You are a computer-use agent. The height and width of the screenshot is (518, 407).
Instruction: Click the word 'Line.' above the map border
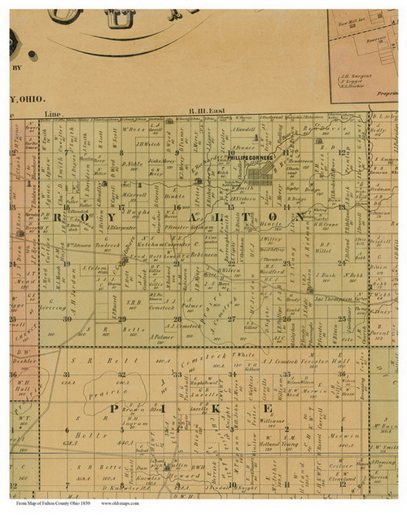[x=55, y=113]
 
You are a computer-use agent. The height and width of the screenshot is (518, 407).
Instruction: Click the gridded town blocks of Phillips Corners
[x=261, y=173]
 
